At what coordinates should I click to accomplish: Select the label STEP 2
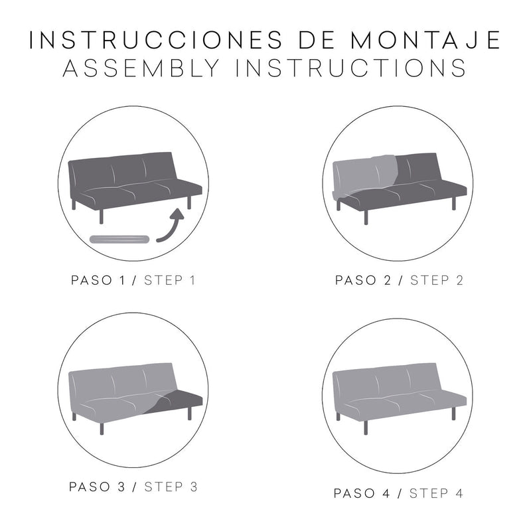436,280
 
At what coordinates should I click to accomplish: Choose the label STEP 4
436,493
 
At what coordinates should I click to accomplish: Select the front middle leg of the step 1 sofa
102,216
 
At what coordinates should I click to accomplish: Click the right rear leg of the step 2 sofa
453,202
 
